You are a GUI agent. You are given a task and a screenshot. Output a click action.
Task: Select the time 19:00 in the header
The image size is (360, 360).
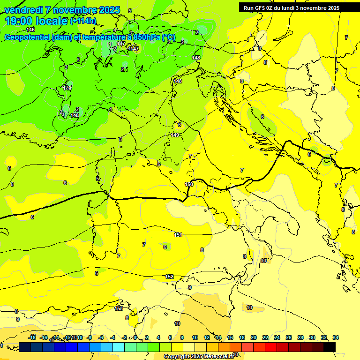point(18,21)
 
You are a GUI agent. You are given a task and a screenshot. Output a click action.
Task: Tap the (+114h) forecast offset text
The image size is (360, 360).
point(83,21)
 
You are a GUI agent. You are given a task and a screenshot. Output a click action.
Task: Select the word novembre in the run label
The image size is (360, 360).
point(315,8)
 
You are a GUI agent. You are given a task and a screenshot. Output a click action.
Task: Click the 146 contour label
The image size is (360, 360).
point(30,30)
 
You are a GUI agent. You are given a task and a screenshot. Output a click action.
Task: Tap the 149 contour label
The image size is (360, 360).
point(175,135)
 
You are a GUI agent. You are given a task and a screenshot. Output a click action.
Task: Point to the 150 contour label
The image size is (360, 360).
point(189,184)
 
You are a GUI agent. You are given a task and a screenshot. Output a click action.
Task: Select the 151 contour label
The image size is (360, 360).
point(178,235)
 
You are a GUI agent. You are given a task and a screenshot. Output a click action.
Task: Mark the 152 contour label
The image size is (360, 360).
point(169,277)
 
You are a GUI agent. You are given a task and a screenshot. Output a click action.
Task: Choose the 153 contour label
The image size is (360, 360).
point(119,308)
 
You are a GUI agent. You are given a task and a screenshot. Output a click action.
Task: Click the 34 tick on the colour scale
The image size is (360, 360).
point(336,337)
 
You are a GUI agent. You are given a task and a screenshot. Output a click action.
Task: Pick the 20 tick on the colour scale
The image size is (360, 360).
point(254,337)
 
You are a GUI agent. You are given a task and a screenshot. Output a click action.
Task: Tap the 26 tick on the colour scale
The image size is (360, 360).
point(289,337)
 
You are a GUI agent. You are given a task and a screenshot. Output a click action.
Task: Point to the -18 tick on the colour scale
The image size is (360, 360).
point(32,337)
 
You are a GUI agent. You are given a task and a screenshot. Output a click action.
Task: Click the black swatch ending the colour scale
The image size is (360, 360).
point(330,347)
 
